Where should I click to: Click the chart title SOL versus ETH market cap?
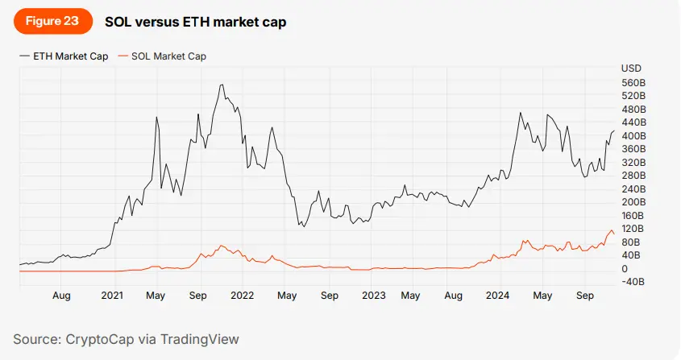tap(195, 23)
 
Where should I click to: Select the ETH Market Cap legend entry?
tap(70, 56)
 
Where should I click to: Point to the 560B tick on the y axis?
tap(633, 83)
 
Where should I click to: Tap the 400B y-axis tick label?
tap(633, 135)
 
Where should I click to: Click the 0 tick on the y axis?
tap(625, 268)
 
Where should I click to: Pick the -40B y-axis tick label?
tap(633, 282)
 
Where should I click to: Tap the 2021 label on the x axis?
tap(112, 296)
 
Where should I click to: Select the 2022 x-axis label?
tap(243, 296)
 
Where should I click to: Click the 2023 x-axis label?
tap(372, 296)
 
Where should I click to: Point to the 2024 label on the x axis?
tap(503, 296)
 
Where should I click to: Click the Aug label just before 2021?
tap(61, 296)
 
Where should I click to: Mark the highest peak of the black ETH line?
tap(221, 85)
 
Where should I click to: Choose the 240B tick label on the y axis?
tap(633, 188)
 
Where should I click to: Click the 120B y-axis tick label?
tap(633, 229)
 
